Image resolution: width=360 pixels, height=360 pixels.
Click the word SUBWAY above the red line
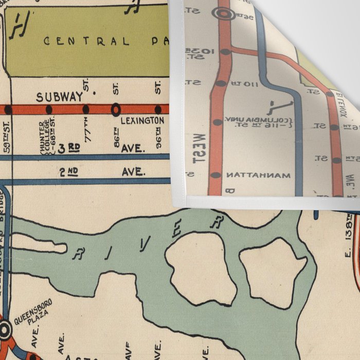(59, 96)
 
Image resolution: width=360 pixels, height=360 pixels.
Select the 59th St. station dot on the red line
(8, 110)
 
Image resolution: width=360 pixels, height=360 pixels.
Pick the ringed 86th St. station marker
(116, 109)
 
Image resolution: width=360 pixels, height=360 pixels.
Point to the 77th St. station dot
(85, 109)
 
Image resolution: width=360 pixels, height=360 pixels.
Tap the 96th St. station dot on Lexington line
(158, 109)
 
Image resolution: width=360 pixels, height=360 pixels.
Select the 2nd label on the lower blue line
(68, 172)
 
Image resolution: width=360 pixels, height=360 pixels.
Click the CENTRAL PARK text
(103, 41)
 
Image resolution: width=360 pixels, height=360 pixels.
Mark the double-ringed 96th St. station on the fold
(224, 14)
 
